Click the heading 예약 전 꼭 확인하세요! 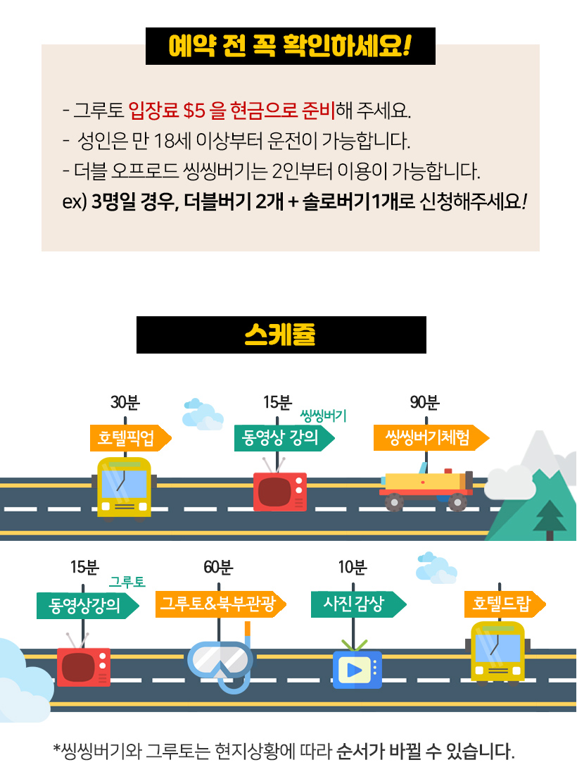(290, 46)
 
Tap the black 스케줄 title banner (281, 335)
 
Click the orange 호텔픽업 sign (127, 438)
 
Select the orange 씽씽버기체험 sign (427, 438)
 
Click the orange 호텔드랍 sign (501, 604)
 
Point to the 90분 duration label (424, 403)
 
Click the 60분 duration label (218, 568)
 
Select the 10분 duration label (353, 568)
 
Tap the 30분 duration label (125, 403)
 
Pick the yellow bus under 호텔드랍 (498, 652)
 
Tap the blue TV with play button (357, 667)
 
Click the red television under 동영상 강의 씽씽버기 (279, 490)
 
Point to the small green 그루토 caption (127, 582)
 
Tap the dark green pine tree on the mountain (550, 518)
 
